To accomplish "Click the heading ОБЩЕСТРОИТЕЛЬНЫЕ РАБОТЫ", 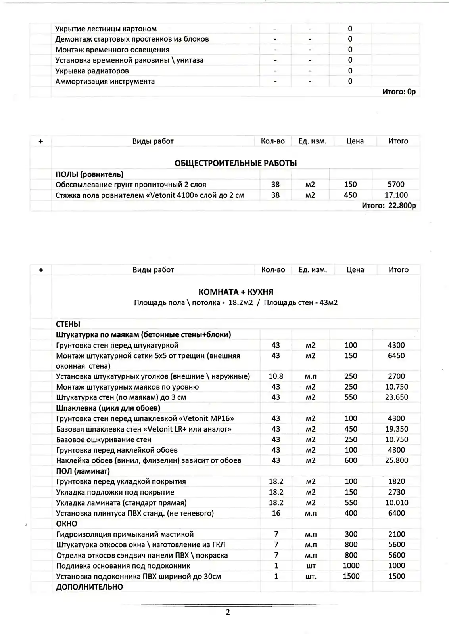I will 236,163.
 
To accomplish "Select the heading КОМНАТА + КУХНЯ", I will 236,292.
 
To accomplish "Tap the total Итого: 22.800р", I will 389,206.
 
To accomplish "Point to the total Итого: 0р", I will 399,92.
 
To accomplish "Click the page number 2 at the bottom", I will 228,612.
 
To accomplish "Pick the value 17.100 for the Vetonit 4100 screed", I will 396,195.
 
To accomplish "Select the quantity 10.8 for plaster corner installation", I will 276,376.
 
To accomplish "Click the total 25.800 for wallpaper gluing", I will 396,460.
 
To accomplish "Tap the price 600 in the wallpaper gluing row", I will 351,460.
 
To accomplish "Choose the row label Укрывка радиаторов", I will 92,71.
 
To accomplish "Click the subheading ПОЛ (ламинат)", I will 83,471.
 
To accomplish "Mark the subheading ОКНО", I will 67,523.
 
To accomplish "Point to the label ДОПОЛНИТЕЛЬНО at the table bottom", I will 90,587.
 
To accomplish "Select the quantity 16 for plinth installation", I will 276,513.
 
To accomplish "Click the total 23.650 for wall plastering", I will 396,397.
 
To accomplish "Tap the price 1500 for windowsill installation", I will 351,576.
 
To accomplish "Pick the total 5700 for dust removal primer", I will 396,184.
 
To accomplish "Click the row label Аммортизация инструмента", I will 105,81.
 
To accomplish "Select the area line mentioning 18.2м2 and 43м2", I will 236,303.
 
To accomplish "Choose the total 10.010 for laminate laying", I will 396,502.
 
